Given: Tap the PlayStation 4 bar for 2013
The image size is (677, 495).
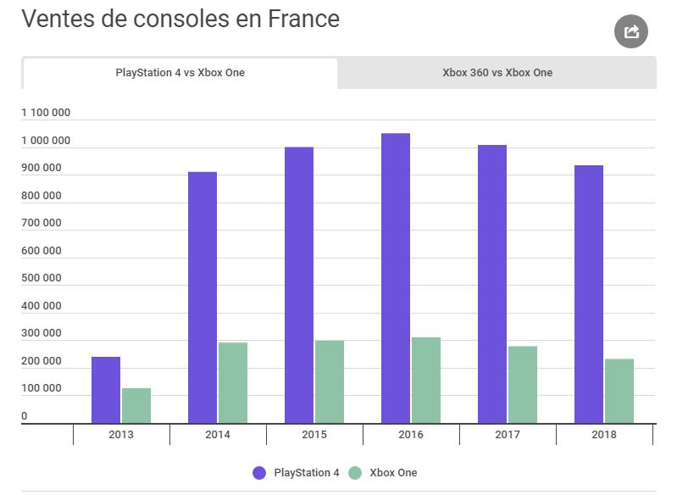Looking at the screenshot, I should coord(106,390).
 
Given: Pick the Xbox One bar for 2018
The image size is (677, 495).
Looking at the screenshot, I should coord(619,391).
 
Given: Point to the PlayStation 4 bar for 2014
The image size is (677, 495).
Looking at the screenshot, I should coord(203,298).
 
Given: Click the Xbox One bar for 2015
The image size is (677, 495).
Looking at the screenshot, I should coord(330,381).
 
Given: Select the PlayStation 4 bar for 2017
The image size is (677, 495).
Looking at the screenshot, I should coord(492,284).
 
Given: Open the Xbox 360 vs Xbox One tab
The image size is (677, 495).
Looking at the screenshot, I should coord(497,73).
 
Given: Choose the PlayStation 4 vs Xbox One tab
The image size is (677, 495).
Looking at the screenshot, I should coord(180,73).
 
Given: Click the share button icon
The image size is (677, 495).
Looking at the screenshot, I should coord(630,32).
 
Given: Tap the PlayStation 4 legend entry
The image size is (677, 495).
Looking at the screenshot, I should coord(296,473).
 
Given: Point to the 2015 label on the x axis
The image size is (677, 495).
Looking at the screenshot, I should coord(314,435).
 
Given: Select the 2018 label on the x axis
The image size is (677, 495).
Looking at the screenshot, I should coord(604,435).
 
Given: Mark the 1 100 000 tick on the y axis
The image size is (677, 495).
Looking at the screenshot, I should coord(46,113).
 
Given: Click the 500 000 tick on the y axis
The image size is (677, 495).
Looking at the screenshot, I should coord(42,278).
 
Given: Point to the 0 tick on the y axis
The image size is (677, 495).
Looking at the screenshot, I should coord(25,416).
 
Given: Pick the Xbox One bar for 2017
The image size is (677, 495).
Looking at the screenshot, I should coord(523,385).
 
